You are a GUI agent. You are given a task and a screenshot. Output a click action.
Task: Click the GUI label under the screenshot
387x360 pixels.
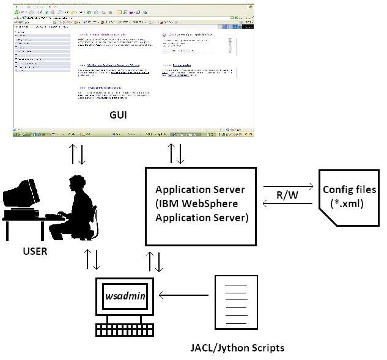click(x=118, y=114)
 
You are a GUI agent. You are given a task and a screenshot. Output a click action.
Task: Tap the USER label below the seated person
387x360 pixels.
click(x=35, y=251)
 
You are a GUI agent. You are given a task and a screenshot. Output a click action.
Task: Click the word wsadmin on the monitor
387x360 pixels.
click(x=125, y=296)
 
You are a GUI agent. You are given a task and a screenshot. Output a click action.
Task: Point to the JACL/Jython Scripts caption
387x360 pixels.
click(x=237, y=348)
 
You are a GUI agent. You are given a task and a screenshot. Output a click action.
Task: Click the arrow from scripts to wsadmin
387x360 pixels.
click(x=183, y=296)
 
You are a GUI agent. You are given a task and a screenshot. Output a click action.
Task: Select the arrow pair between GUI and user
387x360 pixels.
click(x=78, y=154)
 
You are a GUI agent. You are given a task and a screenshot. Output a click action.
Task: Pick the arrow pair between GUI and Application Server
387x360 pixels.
click(x=176, y=153)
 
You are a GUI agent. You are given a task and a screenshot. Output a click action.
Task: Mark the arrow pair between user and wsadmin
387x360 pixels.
click(x=92, y=260)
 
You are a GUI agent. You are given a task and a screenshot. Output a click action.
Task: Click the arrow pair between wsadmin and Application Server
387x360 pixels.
click(x=155, y=261)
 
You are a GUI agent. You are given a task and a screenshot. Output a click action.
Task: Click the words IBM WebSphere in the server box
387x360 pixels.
click(x=199, y=204)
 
